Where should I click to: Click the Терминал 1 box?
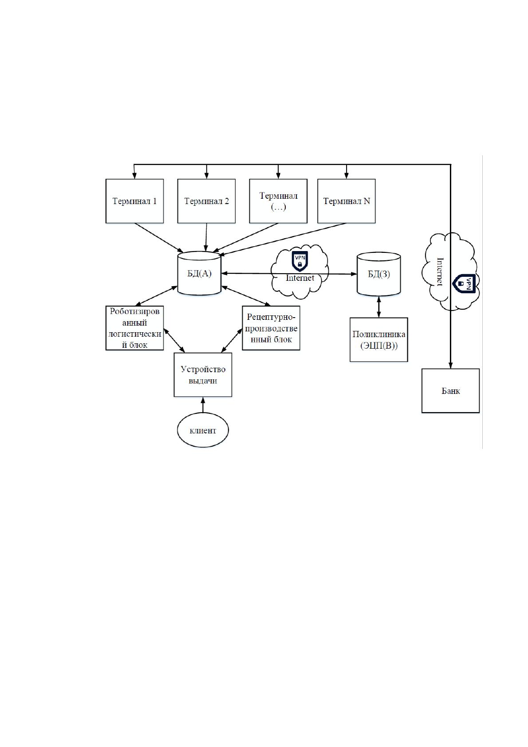click(134, 201)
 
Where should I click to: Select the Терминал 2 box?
click(206, 201)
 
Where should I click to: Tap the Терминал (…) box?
click(278, 201)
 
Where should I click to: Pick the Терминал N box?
click(346, 201)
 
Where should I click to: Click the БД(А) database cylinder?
click(199, 273)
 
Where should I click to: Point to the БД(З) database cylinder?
click(378, 274)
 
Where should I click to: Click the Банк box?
click(450, 390)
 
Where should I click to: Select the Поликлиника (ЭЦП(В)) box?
click(378, 339)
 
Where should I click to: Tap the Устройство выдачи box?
click(203, 374)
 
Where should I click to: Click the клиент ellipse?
click(203, 430)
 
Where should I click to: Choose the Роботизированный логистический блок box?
click(134, 328)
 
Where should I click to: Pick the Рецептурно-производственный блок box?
click(271, 328)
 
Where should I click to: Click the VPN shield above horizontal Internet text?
click(300, 261)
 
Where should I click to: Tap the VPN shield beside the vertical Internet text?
click(464, 283)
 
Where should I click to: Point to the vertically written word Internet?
click(440, 272)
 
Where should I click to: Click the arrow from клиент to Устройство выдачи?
click(203, 405)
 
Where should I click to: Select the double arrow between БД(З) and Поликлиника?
click(378, 307)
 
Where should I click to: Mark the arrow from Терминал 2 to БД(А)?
click(206, 237)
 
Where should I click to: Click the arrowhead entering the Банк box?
click(450, 365)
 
